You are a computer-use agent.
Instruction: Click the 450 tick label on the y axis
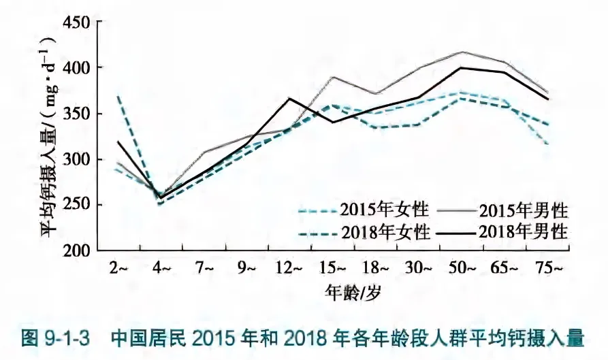tap(76, 22)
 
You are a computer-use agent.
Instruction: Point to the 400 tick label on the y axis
tap(76, 68)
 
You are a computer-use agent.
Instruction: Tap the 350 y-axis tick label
tap(76, 114)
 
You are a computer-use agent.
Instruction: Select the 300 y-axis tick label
tap(76, 160)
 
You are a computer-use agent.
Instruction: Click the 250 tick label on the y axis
tap(76, 206)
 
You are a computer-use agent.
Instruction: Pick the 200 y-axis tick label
tap(76, 251)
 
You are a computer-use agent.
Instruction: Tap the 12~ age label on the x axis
tap(288, 269)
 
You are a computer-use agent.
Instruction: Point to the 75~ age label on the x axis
tap(549, 269)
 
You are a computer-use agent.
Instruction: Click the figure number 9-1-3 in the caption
tap(65, 338)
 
